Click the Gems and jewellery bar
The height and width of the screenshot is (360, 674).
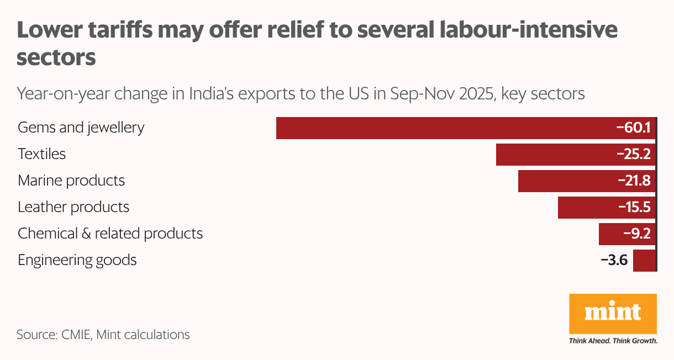(x=442, y=128)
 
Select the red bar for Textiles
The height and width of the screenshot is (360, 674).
(x=552, y=155)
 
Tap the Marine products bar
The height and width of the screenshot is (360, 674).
(x=564, y=181)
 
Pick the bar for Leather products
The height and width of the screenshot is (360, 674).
(x=586, y=208)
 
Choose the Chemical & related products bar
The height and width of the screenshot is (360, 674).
(x=608, y=234)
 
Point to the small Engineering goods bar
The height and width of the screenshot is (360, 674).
(x=644, y=261)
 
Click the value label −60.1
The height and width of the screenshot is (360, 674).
(x=634, y=128)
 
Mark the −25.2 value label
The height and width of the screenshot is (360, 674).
(x=634, y=155)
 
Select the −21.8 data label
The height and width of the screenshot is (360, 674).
(x=634, y=181)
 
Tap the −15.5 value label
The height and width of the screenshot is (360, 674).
(x=634, y=208)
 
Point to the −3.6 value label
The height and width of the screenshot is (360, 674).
(x=614, y=261)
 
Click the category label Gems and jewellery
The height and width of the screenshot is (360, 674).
(x=81, y=128)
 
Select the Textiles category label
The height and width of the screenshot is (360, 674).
(x=41, y=154)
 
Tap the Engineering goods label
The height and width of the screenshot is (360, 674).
(x=77, y=260)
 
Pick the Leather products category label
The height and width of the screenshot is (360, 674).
(x=73, y=207)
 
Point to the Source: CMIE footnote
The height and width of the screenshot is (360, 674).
(x=103, y=335)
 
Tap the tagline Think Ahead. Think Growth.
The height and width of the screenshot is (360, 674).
(x=613, y=341)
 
